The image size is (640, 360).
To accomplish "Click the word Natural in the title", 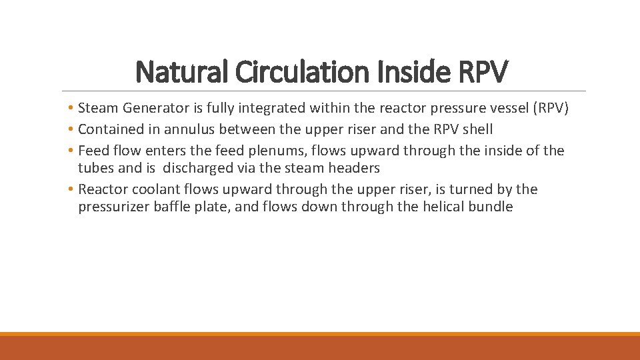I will tap(174, 72).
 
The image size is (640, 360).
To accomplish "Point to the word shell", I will tap(475, 129).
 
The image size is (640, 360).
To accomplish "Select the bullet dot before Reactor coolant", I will tap(71, 190).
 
